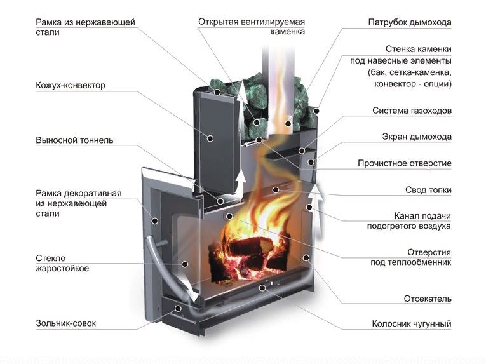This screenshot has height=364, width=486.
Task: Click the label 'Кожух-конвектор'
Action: click(71, 85)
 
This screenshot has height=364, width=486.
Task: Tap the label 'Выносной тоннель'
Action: click(75, 140)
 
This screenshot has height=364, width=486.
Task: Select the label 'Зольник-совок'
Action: click(67, 324)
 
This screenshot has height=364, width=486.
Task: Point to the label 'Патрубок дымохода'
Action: click(410, 22)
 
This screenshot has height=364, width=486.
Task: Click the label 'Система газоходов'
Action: click(412, 111)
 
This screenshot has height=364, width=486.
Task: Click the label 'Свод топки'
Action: click(428, 189)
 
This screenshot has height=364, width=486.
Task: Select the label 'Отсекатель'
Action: click(428, 298)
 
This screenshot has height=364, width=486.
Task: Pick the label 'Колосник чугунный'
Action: click(412, 324)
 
